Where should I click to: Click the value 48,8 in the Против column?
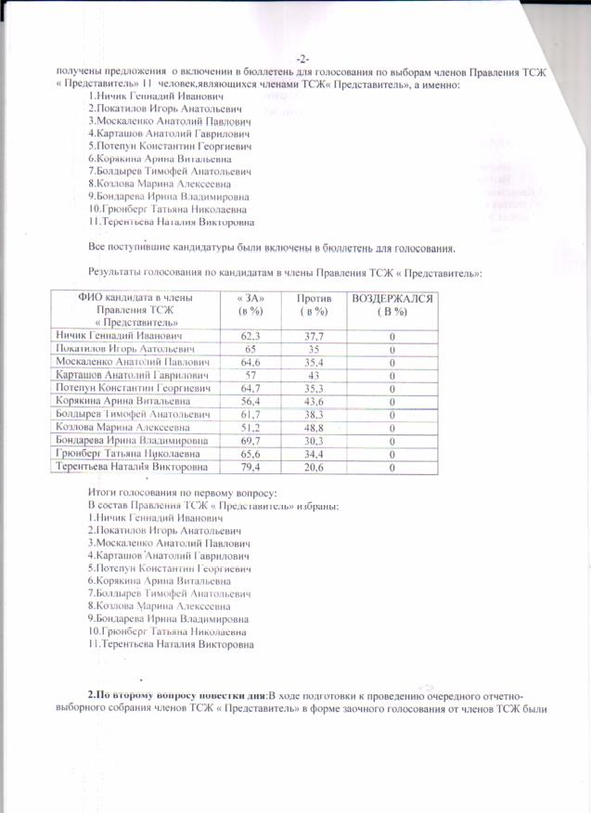click(x=311, y=427)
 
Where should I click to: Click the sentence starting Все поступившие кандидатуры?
click(x=271, y=249)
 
